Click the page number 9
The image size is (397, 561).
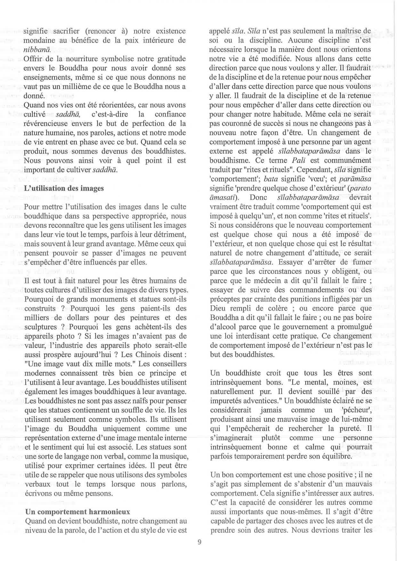click(199, 542)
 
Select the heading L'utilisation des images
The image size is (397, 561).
click(64, 188)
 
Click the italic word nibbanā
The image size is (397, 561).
click(38, 50)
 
